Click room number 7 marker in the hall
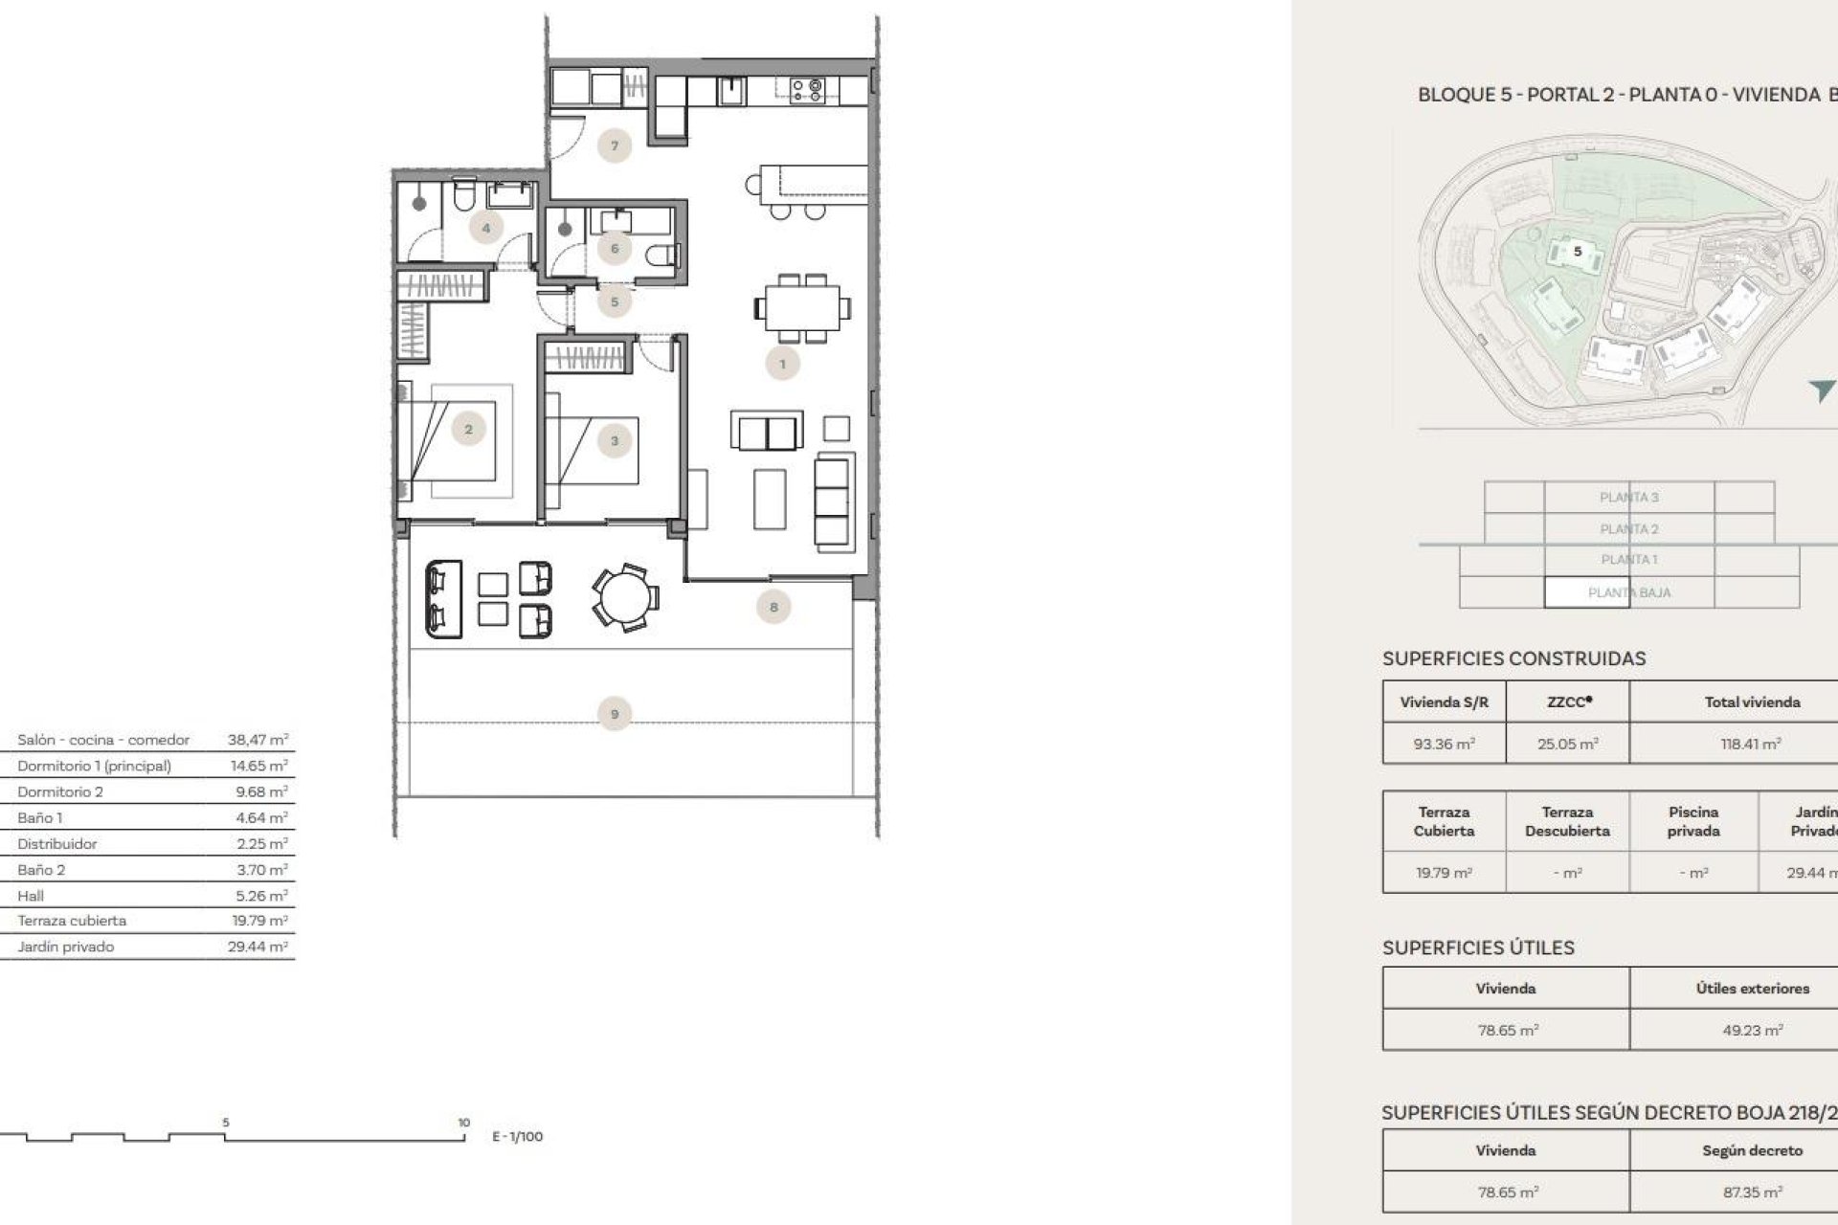coord(615,146)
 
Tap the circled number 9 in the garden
coord(615,714)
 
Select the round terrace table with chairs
coord(624,596)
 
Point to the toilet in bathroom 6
coord(662,256)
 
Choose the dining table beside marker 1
coord(802,308)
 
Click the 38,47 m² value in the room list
coord(258,740)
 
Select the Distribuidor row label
coord(57,844)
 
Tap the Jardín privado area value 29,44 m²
coord(258,947)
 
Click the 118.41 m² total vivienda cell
coord(1751,744)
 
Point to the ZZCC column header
coord(1568,702)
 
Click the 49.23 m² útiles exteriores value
coord(1752,1031)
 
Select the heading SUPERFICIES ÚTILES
coord(1478,947)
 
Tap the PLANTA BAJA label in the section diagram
coord(1628,592)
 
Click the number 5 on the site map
coord(1578,252)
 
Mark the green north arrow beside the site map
coord(1821,390)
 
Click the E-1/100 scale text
coord(517,1137)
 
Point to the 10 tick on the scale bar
coord(463,1123)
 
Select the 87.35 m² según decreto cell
coord(1752,1192)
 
